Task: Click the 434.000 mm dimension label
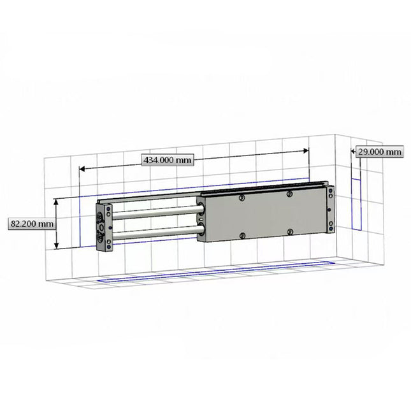coord(165,160)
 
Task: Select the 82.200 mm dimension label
coord(30,224)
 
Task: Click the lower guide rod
coord(156,232)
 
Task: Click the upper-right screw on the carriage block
coord(290,194)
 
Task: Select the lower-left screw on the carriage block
coord(242,236)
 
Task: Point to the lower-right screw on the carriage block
coord(290,231)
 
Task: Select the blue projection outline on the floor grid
coord(217,273)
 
